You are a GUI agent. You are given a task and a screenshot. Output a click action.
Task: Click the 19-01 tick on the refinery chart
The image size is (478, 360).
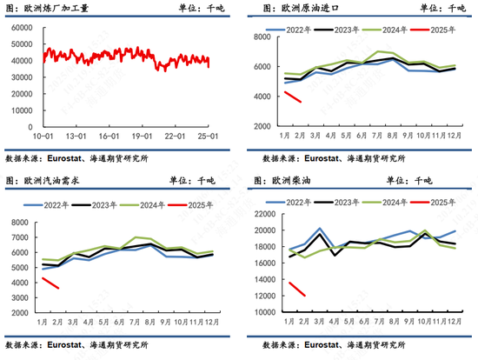point(133,137)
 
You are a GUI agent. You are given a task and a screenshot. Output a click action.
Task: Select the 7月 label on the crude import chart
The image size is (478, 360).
point(368,136)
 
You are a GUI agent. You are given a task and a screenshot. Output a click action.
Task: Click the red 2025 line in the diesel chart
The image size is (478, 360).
point(297,289)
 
